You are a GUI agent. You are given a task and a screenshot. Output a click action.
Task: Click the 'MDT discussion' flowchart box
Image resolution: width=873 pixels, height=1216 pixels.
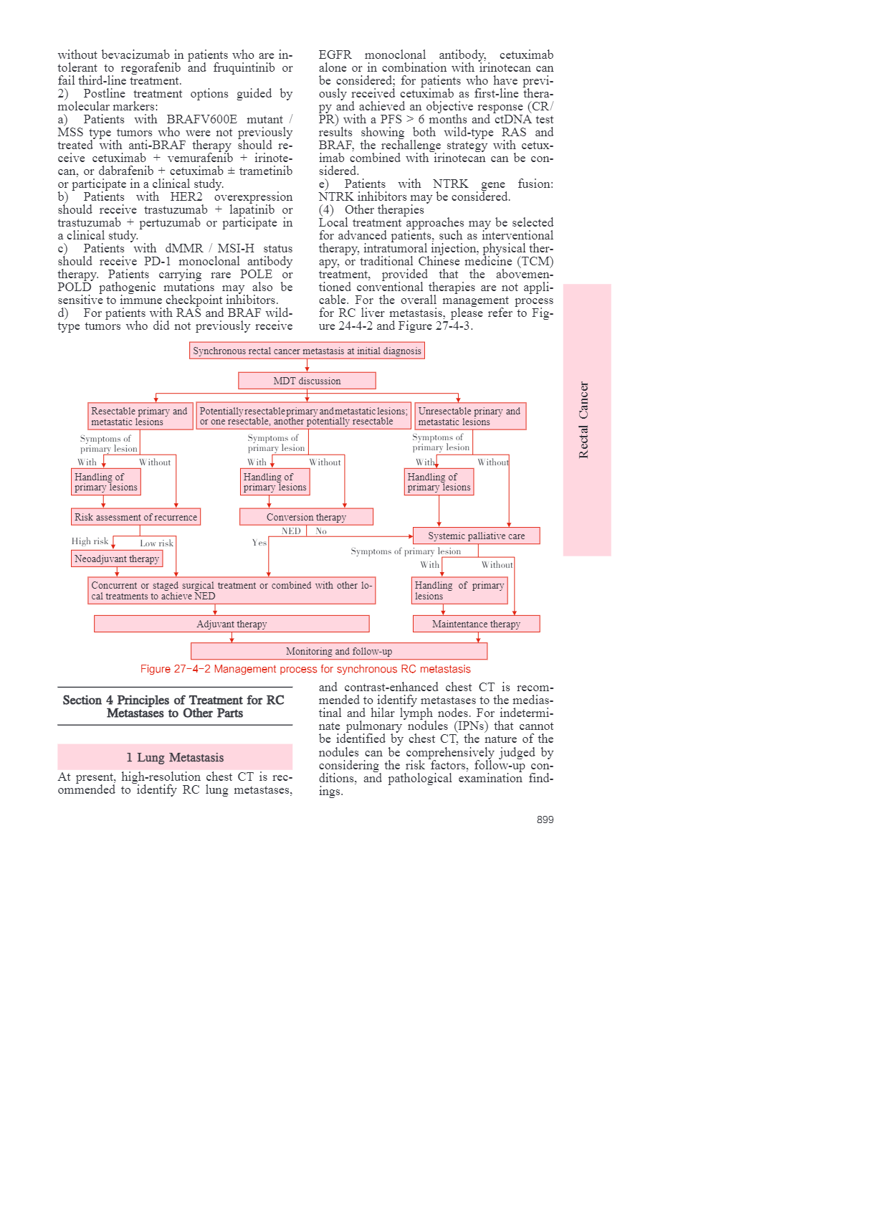click(x=307, y=381)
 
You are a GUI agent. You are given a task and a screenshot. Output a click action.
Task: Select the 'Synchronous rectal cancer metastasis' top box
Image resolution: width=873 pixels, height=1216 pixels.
click(x=307, y=351)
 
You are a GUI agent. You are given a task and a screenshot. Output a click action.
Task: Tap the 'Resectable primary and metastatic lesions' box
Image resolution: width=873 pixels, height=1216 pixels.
click(x=140, y=416)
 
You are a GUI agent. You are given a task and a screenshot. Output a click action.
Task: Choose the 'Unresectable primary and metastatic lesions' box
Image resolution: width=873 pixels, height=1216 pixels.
click(x=470, y=416)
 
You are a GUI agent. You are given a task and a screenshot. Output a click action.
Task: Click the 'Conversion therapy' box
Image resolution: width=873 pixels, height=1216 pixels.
click(x=306, y=517)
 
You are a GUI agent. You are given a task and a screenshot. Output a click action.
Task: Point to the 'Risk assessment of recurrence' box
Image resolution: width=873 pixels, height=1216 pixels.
click(x=135, y=517)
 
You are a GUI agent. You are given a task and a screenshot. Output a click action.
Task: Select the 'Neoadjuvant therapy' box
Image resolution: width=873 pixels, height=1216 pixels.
click(x=117, y=559)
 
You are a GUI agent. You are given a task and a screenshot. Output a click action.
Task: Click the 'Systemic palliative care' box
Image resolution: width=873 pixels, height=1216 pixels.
click(x=476, y=536)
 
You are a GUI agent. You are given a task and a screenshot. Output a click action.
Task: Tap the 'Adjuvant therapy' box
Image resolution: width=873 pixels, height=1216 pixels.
click(x=232, y=624)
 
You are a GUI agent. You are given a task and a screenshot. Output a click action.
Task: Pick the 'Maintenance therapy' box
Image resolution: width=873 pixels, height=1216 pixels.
click(x=476, y=624)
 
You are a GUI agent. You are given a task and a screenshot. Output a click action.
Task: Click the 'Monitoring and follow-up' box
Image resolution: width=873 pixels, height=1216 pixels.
click(x=339, y=651)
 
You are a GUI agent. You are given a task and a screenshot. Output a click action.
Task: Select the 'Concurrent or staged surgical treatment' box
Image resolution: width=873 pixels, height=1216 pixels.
click(x=232, y=591)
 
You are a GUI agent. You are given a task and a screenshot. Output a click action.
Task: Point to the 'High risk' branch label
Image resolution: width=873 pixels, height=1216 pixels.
click(x=90, y=541)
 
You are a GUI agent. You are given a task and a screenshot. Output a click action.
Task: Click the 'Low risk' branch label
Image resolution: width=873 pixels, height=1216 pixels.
click(x=156, y=543)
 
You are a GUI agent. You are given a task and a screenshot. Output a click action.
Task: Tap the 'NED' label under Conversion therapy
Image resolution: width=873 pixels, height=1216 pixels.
click(x=291, y=531)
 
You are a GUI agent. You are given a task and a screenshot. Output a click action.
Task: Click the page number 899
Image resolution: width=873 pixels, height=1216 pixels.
click(x=545, y=820)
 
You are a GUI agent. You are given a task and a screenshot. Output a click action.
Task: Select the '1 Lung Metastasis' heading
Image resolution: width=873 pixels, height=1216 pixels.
click(x=175, y=757)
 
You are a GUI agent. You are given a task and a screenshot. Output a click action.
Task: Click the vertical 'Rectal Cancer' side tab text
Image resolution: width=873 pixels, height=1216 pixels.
click(x=583, y=419)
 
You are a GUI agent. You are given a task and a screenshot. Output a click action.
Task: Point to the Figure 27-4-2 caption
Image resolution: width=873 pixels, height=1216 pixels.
click(x=305, y=669)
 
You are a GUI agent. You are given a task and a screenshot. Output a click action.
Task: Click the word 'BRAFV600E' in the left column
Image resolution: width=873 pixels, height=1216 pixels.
click(x=201, y=120)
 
